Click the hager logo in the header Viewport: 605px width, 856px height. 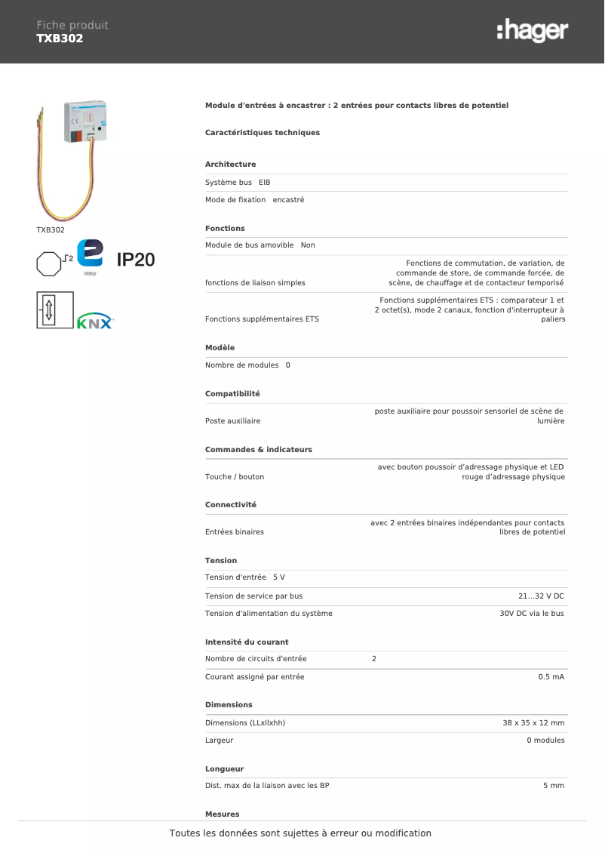(533, 31)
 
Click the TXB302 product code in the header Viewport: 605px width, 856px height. (60, 38)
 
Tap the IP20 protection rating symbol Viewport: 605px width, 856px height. (136, 260)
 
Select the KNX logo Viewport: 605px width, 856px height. (95, 321)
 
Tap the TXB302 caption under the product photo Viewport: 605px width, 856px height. (51, 229)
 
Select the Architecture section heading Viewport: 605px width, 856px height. (230, 165)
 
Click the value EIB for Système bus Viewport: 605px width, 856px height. (264, 183)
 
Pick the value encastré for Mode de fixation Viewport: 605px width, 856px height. (288, 200)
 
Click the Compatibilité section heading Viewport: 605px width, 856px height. (232, 394)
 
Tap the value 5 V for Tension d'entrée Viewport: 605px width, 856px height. (279, 577)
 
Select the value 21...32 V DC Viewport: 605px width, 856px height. (541, 596)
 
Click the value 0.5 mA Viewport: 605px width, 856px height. (551, 677)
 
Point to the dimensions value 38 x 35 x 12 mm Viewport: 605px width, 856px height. (533, 723)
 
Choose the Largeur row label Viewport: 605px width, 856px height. (219, 741)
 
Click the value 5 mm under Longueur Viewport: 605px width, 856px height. (554, 786)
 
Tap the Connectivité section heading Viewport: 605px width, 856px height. (231, 505)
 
